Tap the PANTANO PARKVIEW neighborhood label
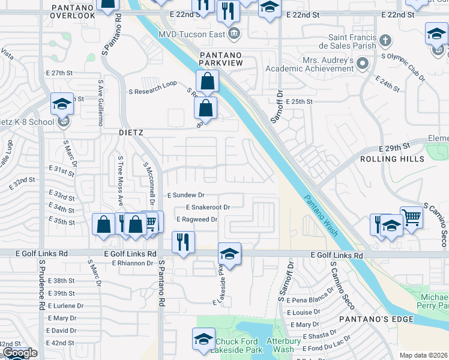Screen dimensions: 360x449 225,60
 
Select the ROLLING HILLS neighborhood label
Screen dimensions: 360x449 392,159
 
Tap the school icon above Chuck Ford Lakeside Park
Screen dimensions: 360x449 203,339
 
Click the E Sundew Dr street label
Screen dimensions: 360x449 186,195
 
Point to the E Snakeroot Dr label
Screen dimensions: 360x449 203,207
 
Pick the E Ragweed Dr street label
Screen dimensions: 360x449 197,220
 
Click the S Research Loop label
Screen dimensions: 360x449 152,91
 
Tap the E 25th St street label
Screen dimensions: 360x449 299,102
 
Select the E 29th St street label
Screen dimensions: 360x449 394,147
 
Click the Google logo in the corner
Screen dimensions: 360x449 19,353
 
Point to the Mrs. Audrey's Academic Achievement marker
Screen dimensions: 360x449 363,63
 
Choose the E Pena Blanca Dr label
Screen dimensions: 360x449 310,299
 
